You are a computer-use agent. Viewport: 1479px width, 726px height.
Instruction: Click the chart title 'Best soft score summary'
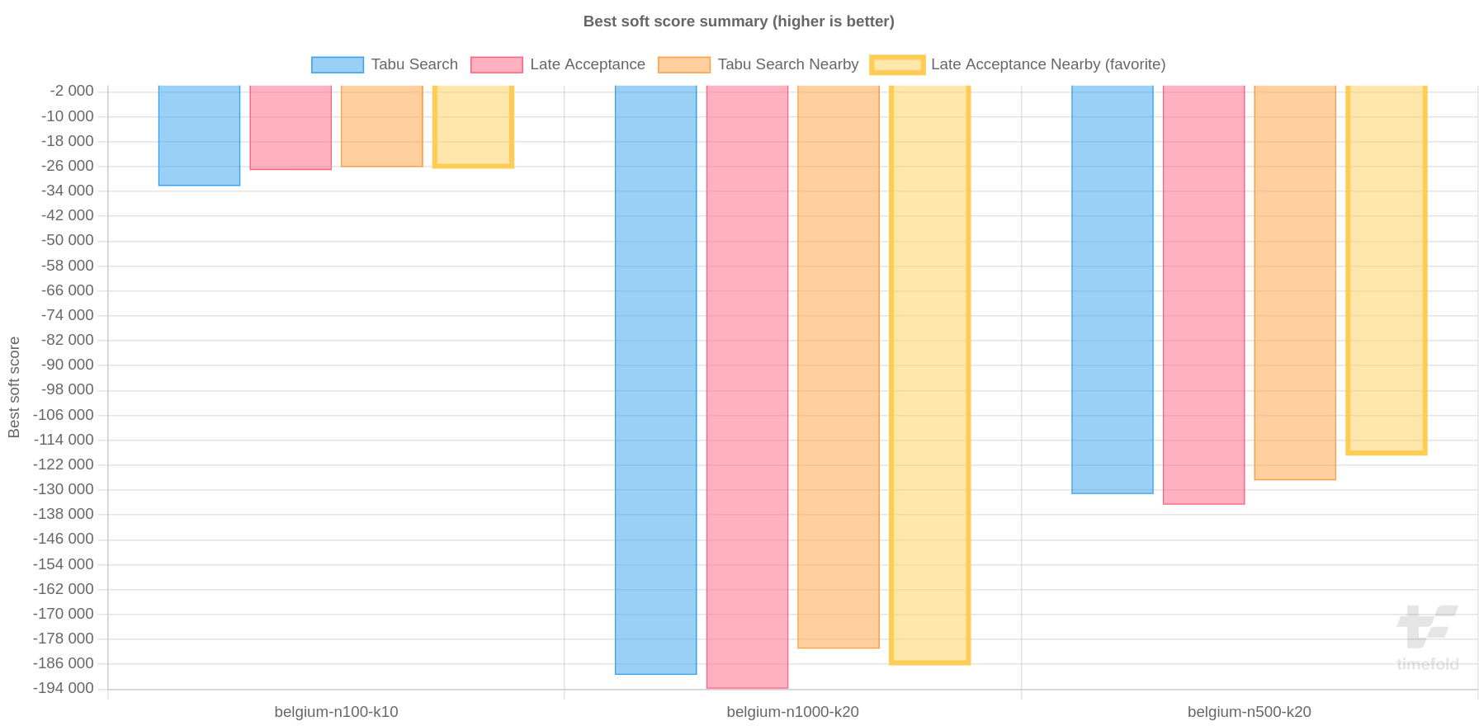[738, 21]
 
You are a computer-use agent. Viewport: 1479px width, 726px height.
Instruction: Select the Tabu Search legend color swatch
[337, 64]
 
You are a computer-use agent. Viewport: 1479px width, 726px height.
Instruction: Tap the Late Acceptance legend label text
[587, 64]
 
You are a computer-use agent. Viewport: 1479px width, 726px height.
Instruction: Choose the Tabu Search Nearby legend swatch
[683, 64]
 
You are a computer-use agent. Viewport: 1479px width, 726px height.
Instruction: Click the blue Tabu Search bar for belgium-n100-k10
[199, 136]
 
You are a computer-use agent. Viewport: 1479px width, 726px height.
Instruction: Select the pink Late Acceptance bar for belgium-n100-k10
[291, 128]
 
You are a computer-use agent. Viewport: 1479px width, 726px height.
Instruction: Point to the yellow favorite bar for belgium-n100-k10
[473, 126]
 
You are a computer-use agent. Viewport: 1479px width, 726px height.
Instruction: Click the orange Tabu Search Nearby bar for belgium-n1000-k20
[839, 366]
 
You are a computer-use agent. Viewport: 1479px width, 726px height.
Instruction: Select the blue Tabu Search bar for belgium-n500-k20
[1112, 289]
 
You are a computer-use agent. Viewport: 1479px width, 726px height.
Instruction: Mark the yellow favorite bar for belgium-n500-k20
[1386, 270]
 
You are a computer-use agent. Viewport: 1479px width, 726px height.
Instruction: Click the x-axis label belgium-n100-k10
[336, 712]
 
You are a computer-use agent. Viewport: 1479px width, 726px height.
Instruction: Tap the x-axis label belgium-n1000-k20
[792, 712]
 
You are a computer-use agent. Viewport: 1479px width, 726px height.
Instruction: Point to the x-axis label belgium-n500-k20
[1249, 712]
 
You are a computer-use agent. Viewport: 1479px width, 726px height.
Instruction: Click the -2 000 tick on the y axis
[71, 91]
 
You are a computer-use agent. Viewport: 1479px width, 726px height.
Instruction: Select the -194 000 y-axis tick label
[64, 688]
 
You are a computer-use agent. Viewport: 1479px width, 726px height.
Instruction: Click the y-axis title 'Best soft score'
[14, 387]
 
